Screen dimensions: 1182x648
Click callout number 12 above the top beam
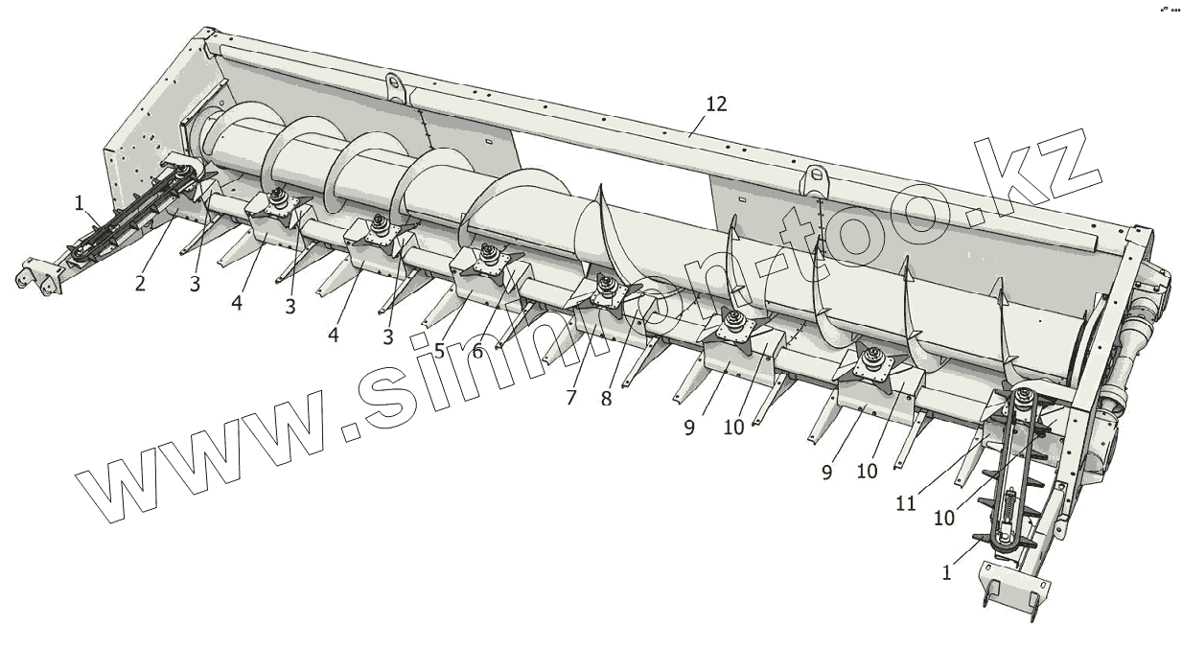716,104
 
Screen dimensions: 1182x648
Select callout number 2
141,285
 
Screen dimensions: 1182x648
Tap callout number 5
439,351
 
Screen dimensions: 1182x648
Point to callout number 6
476,351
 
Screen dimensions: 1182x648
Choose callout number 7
571,397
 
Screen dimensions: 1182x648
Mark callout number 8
606,399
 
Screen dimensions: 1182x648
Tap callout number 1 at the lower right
947,572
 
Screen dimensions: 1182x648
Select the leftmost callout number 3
195,285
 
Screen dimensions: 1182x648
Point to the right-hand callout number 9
826,472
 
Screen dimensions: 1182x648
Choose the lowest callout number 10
944,518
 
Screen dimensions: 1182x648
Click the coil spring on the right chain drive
1009,508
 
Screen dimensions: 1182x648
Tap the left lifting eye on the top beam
394,83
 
